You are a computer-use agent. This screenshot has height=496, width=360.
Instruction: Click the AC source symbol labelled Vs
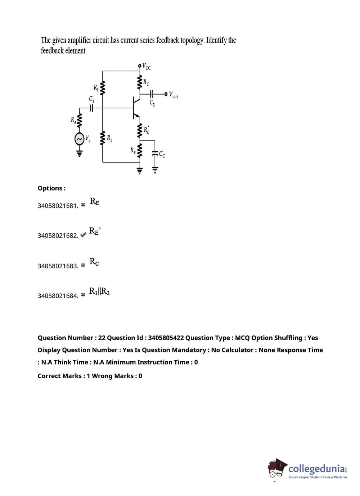(79, 139)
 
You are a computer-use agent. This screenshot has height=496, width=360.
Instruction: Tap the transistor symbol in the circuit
(136, 107)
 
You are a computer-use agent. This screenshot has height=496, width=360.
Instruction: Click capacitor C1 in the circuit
(91, 107)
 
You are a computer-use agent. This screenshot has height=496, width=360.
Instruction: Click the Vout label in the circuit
(173, 95)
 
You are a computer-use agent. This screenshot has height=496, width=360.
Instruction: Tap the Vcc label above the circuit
(147, 66)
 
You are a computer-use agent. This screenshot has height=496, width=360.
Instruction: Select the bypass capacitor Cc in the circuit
(155, 154)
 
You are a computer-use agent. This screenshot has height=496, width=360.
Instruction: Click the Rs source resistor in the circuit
(79, 121)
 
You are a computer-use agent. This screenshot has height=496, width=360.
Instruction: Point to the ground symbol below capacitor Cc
(155, 170)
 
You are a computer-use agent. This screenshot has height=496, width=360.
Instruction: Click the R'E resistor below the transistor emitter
(139, 130)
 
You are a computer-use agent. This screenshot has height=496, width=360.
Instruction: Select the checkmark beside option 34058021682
(83, 235)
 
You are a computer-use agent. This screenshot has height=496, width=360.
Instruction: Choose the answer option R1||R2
(99, 291)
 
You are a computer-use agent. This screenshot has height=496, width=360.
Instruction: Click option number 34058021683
(58, 266)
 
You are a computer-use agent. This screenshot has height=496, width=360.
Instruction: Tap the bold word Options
(51, 188)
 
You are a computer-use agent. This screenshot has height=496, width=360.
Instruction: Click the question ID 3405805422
(166, 338)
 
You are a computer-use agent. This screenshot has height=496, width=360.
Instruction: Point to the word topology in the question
(192, 40)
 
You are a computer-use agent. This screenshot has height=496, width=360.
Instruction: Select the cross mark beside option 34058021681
(83, 205)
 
